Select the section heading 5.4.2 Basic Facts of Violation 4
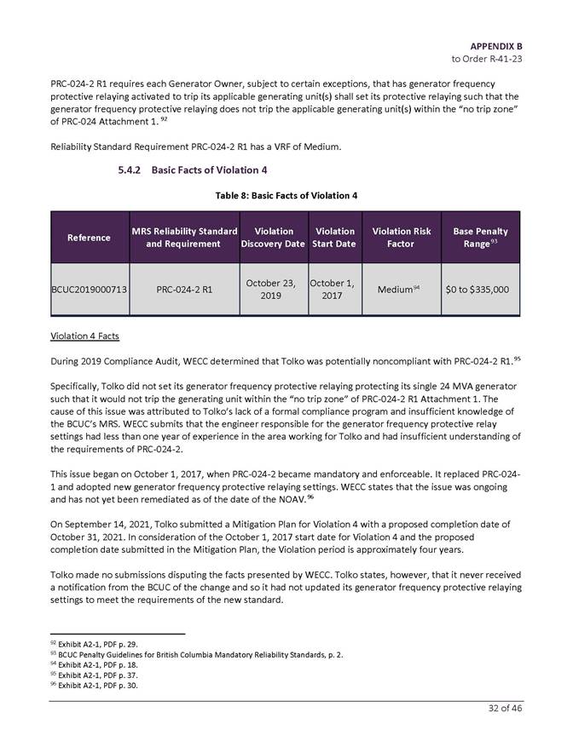pos(193,170)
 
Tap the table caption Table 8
pos(286,196)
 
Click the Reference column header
pos(89,237)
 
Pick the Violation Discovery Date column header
pos(273,238)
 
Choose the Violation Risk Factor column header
pos(400,238)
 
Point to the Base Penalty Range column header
pos(480,238)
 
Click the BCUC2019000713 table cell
pos(89,290)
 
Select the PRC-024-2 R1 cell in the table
pos(184,290)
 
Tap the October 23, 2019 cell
pos(273,290)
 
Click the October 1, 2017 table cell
pos(335,290)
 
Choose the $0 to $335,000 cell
pos(480,290)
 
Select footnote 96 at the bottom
pos(94,684)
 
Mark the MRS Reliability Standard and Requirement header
pos(184,238)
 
